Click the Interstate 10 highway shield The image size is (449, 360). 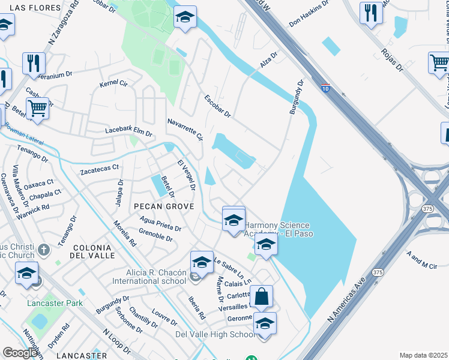(325, 88)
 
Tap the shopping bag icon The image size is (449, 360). (261, 296)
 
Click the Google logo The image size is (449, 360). (20, 353)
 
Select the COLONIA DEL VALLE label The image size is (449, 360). (92, 251)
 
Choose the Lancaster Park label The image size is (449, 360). (55, 303)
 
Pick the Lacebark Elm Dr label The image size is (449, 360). (128, 130)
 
